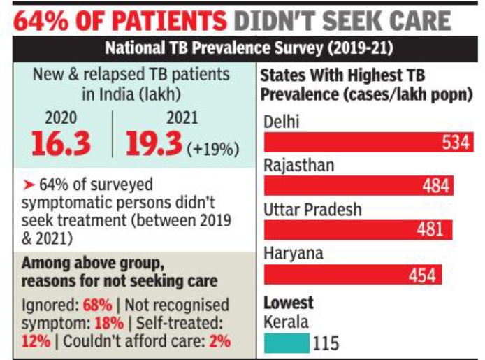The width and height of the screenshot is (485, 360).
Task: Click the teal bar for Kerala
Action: click(x=287, y=343)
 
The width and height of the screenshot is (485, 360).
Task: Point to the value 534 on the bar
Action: click(x=457, y=143)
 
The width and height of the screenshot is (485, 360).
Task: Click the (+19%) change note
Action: click(x=213, y=150)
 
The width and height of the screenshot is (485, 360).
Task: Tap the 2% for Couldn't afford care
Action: click(x=219, y=342)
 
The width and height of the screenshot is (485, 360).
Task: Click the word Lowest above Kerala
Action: click(x=289, y=303)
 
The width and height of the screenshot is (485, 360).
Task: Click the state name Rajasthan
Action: click(x=298, y=166)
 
